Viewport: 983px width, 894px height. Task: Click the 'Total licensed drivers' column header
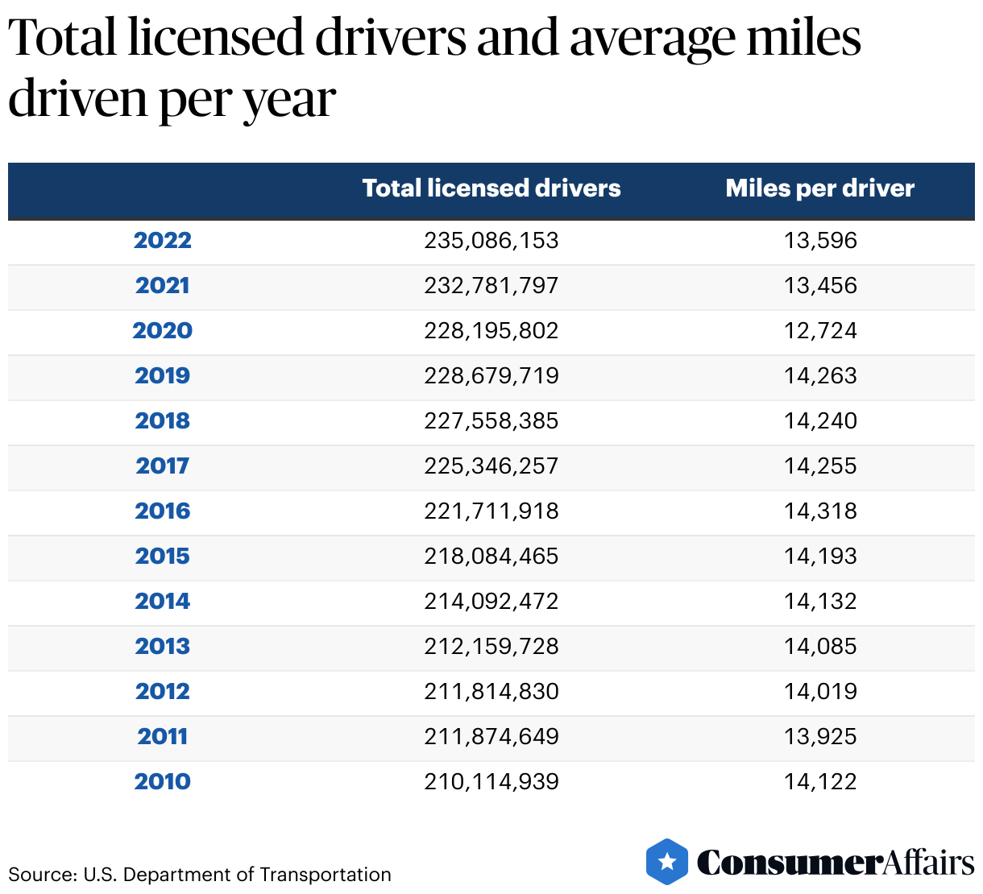click(x=491, y=188)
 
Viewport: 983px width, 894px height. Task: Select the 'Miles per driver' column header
click(x=819, y=188)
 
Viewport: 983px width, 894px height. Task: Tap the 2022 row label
click(x=163, y=241)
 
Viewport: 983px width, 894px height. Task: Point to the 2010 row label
click(x=163, y=782)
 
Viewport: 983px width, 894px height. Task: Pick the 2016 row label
click(x=163, y=511)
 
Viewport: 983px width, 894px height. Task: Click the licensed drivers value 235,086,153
click(x=491, y=241)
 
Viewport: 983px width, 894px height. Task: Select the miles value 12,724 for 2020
click(x=820, y=331)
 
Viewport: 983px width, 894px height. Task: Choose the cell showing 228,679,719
click(x=491, y=376)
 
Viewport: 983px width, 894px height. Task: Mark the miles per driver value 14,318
click(x=820, y=511)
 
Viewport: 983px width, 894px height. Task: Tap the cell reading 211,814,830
click(x=491, y=692)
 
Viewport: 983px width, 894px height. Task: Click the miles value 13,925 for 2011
click(x=820, y=737)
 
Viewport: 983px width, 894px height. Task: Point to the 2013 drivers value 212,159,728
click(x=491, y=647)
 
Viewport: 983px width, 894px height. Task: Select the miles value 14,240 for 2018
click(x=820, y=421)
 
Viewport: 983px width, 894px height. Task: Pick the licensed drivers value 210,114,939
click(x=491, y=782)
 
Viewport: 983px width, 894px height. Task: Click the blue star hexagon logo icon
click(x=667, y=862)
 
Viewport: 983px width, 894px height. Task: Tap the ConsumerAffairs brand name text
click(x=836, y=863)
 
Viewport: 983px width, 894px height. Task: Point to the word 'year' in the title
click(x=289, y=100)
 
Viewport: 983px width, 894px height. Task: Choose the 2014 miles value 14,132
click(x=820, y=602)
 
